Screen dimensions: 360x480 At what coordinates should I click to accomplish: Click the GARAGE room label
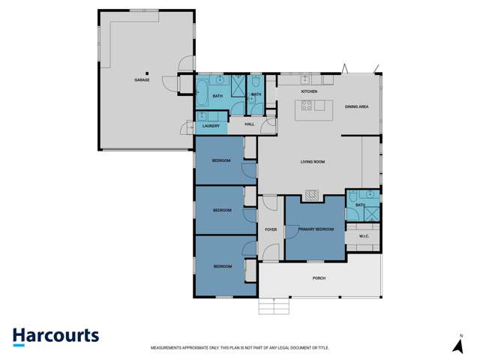(x=142, y=79)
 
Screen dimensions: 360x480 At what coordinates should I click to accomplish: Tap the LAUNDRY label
(x=211, y=126)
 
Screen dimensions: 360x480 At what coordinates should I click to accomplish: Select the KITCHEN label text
(x=309, y=91)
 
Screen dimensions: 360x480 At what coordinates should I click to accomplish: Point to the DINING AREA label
(x=356, y=107)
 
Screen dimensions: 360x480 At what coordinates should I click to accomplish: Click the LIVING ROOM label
(x=312, y=161)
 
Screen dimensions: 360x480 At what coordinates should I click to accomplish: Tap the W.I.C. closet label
(x=364, y=237)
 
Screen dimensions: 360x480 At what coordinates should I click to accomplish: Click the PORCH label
(x=319, y=278)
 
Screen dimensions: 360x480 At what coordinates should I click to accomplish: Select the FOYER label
(x=271, y=229)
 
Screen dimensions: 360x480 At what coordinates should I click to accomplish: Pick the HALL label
(x=250, y=124)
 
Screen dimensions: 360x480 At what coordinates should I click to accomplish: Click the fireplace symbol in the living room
(x=313, y=196)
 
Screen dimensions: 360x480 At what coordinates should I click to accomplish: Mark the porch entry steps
(x=274, y=306)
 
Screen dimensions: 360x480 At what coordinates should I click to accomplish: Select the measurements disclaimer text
(x=240, y=348)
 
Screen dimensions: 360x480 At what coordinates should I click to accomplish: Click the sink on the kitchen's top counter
(x=305, y=79)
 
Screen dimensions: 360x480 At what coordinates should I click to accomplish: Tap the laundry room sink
(x=202, y=115)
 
